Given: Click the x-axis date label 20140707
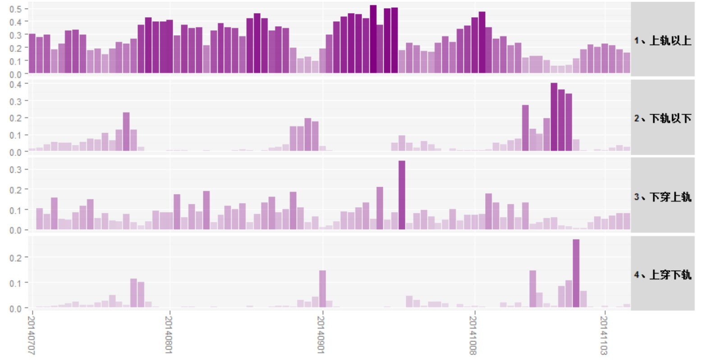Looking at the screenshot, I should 31,335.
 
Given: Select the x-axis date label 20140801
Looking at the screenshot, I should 169,335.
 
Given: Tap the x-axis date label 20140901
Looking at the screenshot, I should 321,335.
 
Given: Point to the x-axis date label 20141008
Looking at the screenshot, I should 473,335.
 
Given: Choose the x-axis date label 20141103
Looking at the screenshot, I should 604,335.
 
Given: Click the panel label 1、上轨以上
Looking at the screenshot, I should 662,41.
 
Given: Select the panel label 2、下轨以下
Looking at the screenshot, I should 662,118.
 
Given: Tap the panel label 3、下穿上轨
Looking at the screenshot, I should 662,197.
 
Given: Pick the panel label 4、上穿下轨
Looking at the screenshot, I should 662,274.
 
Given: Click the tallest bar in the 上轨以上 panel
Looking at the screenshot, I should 373,39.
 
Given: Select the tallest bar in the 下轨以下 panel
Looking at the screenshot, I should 554,117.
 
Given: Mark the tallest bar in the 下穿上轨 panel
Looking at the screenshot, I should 402,195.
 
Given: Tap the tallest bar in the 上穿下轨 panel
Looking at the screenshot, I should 576,273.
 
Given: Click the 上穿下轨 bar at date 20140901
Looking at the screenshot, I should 322,289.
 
